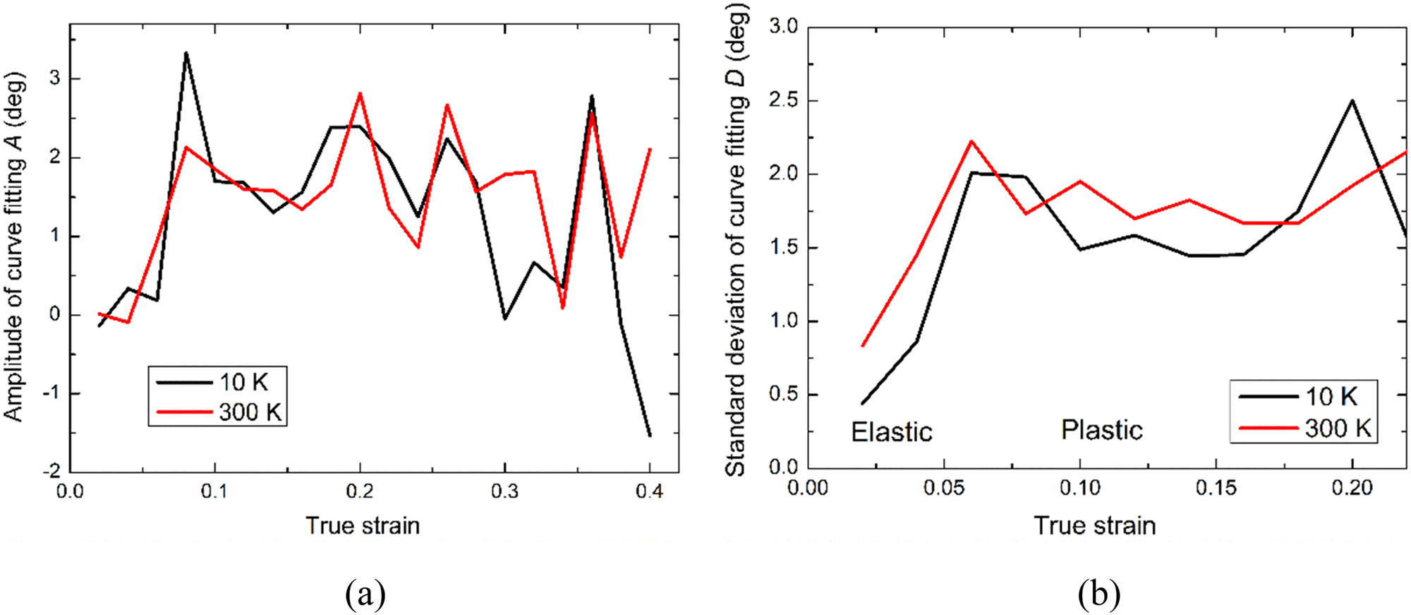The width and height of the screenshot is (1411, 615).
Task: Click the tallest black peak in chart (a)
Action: click(x=186, y=53)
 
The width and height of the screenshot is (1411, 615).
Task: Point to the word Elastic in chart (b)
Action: click(x=892, y=432)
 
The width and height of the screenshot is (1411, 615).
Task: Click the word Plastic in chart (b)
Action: click(x=1101, y=430)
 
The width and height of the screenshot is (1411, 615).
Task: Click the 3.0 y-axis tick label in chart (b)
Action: click(x=782, y=28)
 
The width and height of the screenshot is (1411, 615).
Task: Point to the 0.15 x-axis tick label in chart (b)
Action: click(x=1216, y=488)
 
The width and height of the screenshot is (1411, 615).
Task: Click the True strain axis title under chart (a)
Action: click(x=363, y=526)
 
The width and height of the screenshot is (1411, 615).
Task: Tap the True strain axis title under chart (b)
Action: click(x=1095, y=526)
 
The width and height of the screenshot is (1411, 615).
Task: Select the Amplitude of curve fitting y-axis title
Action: click(x=16, y=247)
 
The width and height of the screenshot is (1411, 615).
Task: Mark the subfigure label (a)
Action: click(x=365, y=595)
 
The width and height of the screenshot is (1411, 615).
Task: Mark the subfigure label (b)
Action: click(x=1099, y=595)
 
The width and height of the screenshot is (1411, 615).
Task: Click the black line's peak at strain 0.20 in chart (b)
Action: click(x=1352, y=100)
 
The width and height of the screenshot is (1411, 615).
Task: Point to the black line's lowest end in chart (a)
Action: click(x=650, y=436)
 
